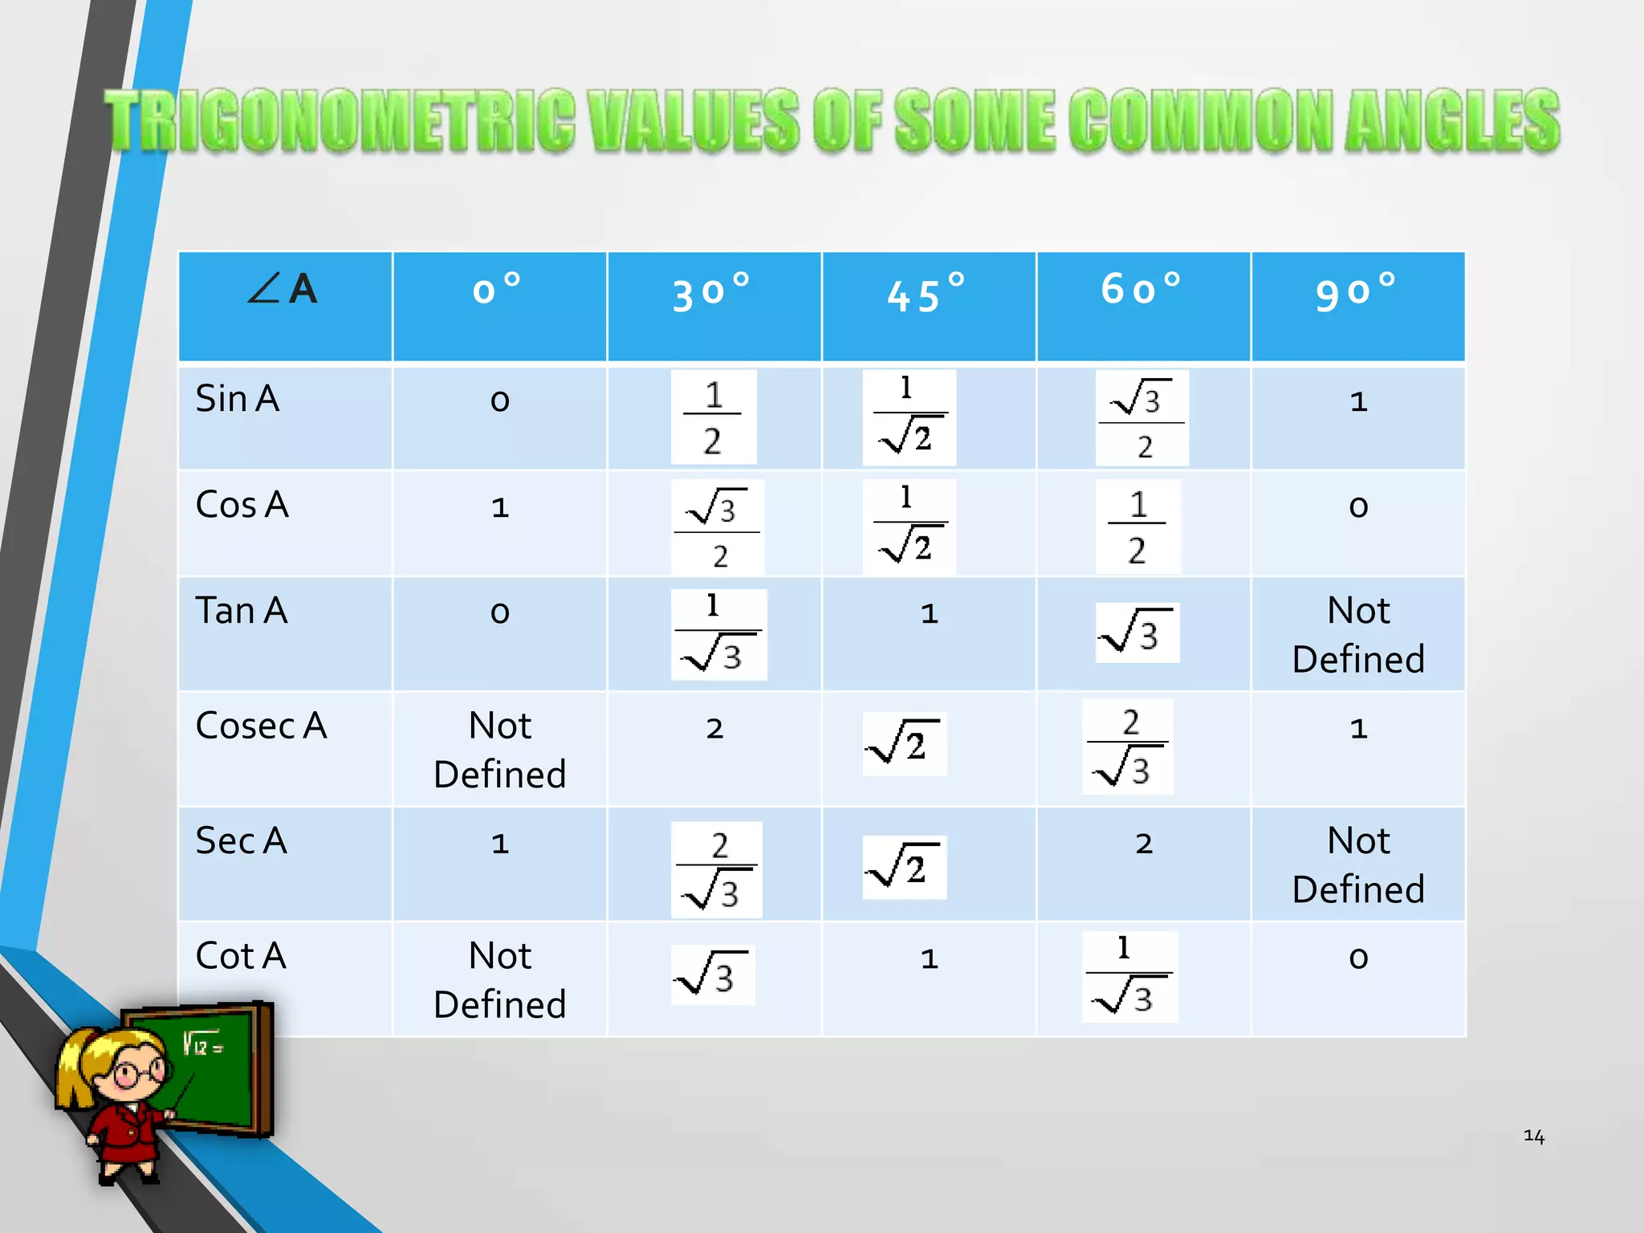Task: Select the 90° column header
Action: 1357,292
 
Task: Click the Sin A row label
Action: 238,399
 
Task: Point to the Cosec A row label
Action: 261,726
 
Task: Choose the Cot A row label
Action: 241,956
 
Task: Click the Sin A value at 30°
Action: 713,417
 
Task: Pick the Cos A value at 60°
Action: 1137,527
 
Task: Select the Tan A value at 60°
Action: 1137,633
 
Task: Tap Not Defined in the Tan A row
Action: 1358,634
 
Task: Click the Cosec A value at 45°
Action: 905,743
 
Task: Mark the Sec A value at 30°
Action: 716,870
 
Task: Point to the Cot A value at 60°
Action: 1129,976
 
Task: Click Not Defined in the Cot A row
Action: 499,980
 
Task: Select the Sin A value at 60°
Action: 1141,417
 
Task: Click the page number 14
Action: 1533,1136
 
